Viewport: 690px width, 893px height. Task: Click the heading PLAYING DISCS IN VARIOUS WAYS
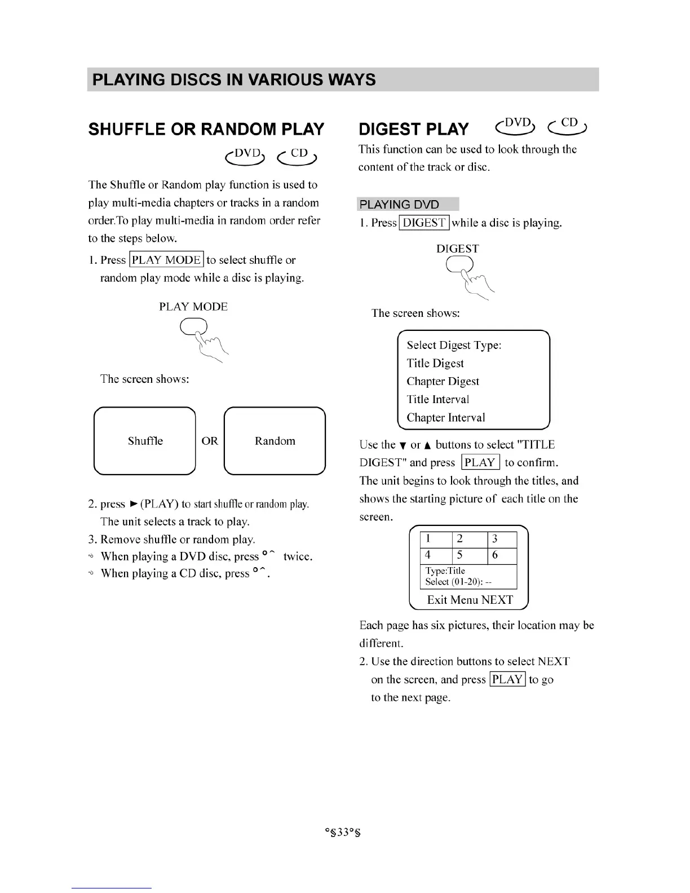pos(233,79)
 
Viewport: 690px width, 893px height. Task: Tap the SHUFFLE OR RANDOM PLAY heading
pos(206,129)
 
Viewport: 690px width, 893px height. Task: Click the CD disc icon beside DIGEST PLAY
pos(568,126)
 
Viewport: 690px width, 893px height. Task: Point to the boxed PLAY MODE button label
pos(166,260)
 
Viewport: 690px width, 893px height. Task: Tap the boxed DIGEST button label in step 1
pos(424,223)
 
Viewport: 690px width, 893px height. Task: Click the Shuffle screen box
pos(145,441)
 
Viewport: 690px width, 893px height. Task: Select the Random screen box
pos(275,441)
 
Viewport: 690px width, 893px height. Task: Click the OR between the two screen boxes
pos(210,441)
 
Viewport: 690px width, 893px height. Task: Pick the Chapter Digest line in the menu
pos(443,382)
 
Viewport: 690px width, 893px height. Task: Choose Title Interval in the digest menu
pos(437,400)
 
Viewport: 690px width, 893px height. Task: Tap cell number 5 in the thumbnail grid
pos(461,555)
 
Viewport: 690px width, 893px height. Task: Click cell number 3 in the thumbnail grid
pos(496,539)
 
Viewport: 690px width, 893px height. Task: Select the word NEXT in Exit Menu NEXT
pos(497,600)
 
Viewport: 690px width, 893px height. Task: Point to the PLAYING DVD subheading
pos(399,204)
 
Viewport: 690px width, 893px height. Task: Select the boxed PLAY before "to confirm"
pos(480,463)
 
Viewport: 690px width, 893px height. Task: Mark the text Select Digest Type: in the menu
pos(454,345)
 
